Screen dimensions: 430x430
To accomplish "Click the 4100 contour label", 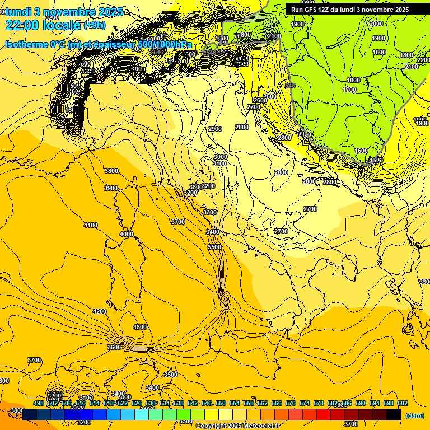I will (90, 225).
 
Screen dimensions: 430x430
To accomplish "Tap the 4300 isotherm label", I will (139, 327).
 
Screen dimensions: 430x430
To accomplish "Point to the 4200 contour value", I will (100, 311).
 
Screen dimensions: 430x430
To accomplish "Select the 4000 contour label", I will (127, 234).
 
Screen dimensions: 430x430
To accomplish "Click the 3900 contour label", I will (111, 188).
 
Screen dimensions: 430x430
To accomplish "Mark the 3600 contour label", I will (114, 347).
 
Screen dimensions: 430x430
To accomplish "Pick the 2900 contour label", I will (215, 129).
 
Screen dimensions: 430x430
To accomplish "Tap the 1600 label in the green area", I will (361, 151).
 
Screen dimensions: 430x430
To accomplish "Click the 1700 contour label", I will (349, 90).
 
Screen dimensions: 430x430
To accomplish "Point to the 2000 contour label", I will (376, 24).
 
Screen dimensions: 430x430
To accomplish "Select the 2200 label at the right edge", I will (423, 60).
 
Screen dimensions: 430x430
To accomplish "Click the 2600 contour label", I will (260, 100).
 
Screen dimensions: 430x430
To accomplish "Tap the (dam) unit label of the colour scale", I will (414, 415).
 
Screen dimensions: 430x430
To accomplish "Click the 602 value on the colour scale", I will (403, 403).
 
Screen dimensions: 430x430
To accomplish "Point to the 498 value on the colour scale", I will (39, 403).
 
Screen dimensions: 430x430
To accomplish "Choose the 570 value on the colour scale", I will (291, 403).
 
